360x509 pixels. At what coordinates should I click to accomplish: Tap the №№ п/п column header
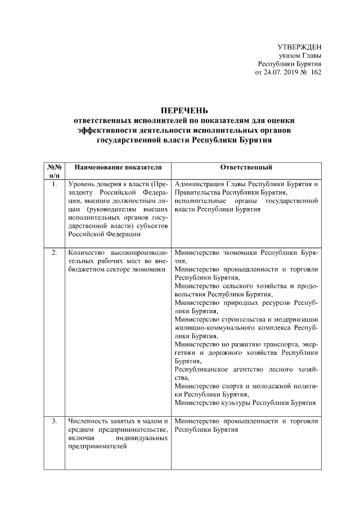(54, 172)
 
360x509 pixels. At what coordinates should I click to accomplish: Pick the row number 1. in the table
(54, 184)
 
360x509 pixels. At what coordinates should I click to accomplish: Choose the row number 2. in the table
(54, 252)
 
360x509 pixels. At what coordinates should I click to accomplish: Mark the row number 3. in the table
(54, 421)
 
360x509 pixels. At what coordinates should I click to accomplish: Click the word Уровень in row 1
(81, 184)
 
